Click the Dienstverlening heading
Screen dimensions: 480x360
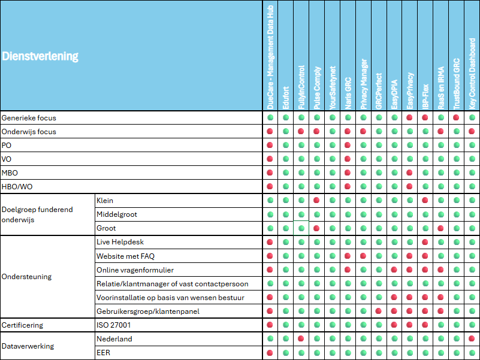[40, 56]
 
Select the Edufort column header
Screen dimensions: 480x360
[286, 98]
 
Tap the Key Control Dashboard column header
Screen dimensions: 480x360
[472, 74]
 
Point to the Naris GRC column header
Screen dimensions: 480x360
[348, 93]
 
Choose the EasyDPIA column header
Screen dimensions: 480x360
[394, 94]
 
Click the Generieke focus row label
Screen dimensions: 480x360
[29, 118]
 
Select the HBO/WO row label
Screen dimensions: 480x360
[17, 187]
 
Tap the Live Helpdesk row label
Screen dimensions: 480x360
[120, 242]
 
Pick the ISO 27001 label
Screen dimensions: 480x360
[114, 325]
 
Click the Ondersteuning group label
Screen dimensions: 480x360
[26, 277]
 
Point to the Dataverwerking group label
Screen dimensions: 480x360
[28, 346]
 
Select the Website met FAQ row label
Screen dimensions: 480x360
[125, 256]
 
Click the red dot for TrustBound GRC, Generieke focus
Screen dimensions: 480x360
[456, 117]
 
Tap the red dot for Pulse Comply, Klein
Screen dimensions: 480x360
[316, 200]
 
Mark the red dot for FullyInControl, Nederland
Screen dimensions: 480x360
[301, 338]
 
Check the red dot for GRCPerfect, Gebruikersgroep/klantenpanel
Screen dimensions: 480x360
[379, 311]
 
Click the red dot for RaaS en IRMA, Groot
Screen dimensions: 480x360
[441, 228]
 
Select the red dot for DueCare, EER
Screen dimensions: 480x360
[270, 353]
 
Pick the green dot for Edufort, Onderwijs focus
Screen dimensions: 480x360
[286, 131]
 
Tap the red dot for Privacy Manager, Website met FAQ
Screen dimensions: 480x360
[363, 256]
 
